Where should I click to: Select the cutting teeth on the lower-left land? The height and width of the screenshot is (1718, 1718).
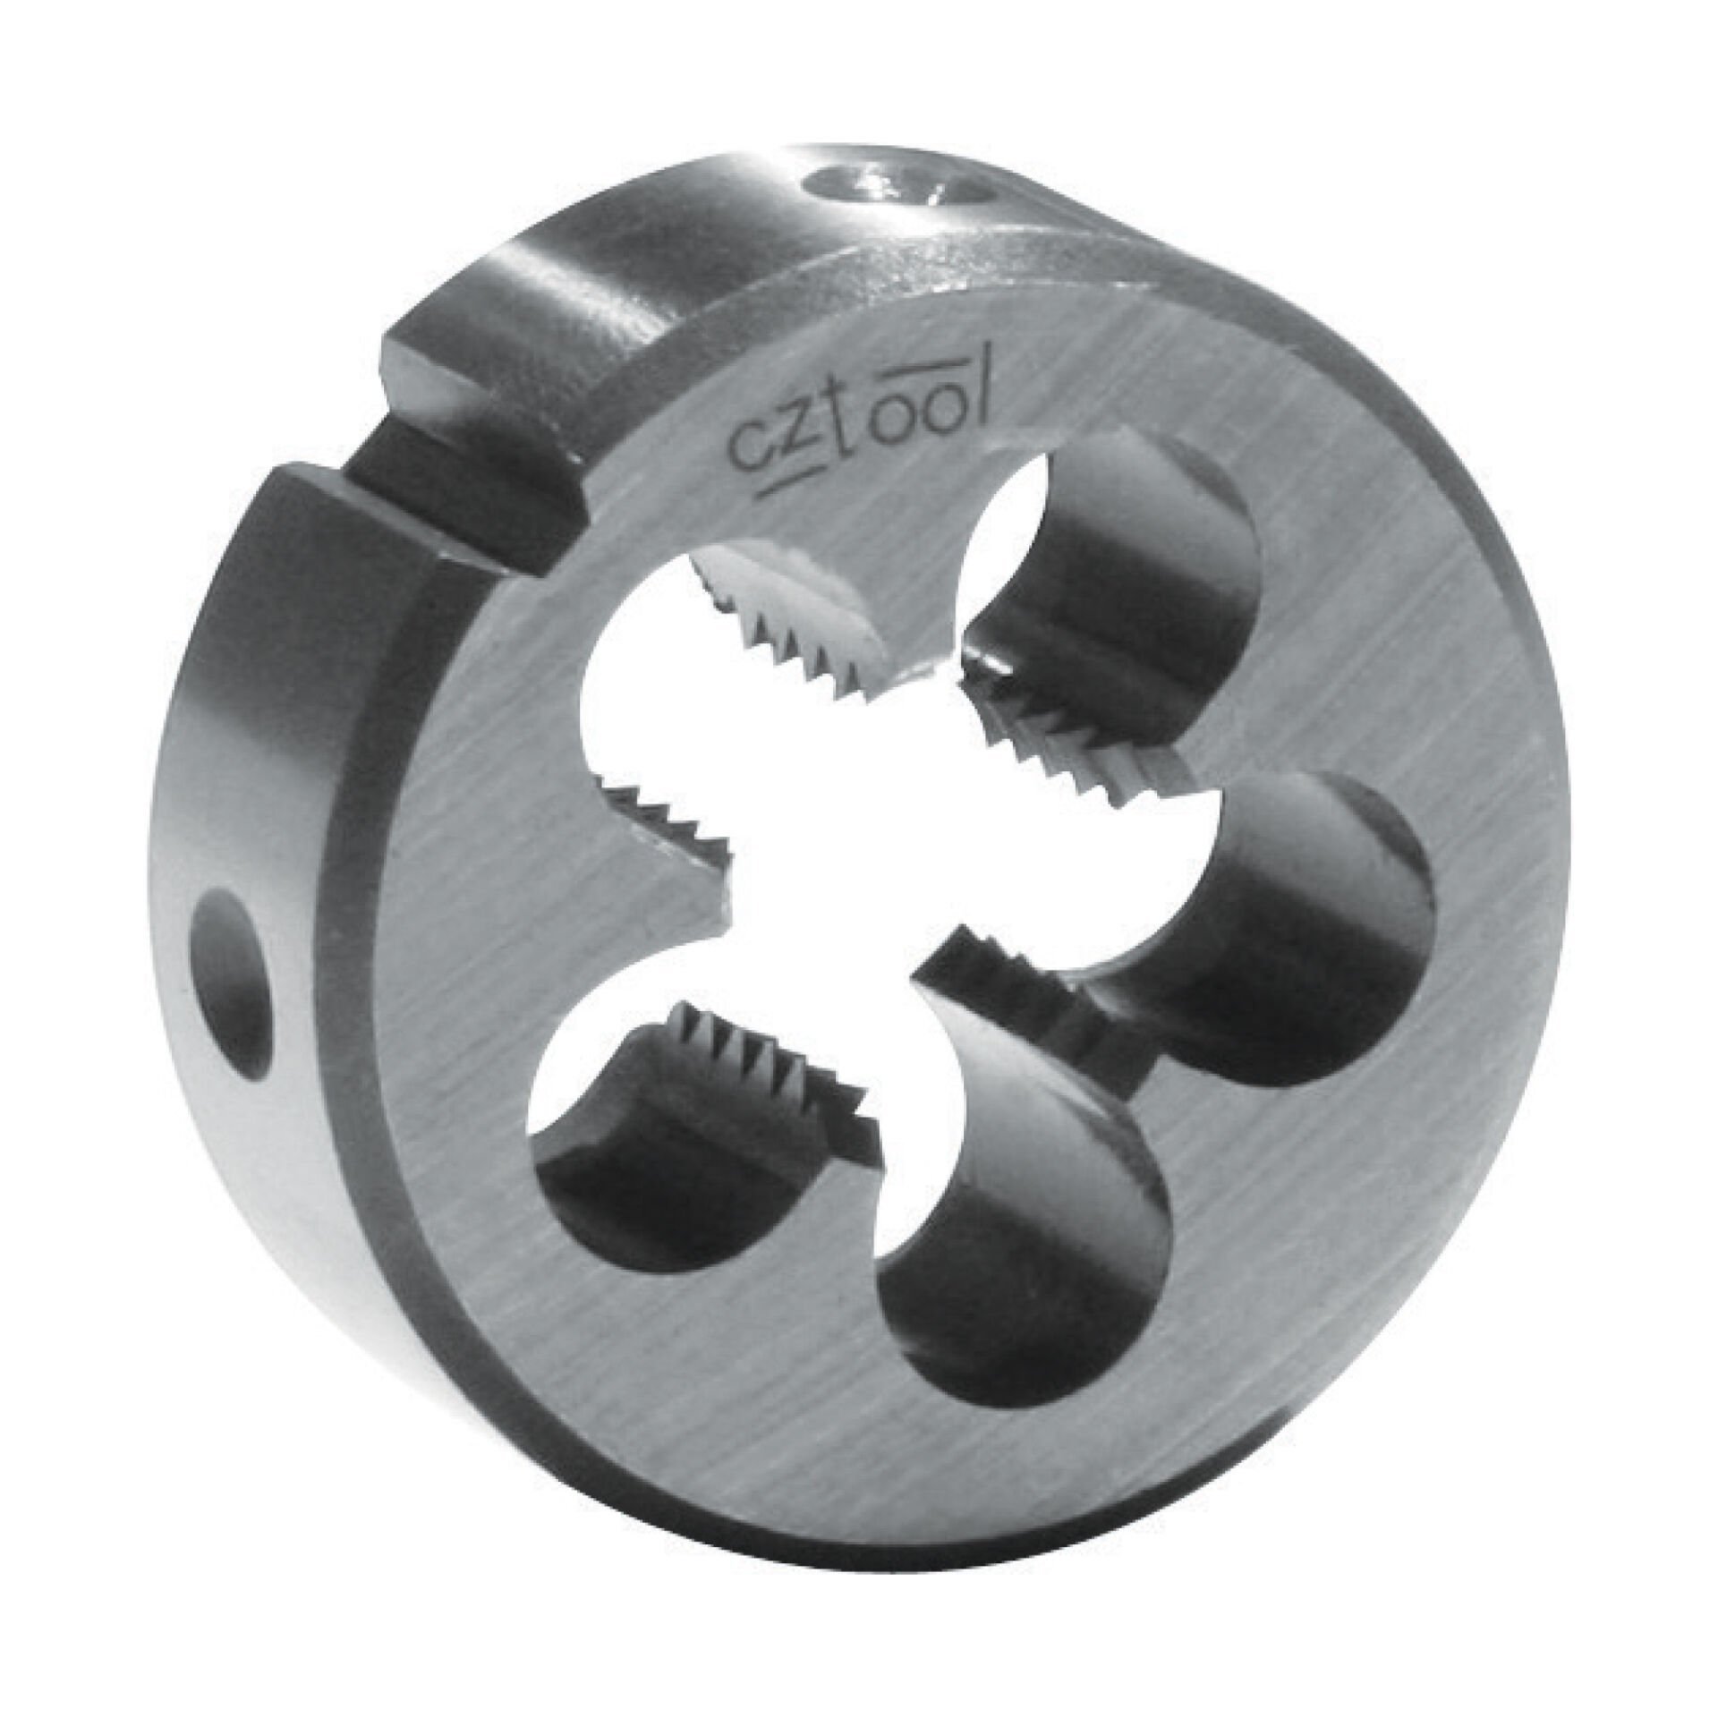point(770,1074)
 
